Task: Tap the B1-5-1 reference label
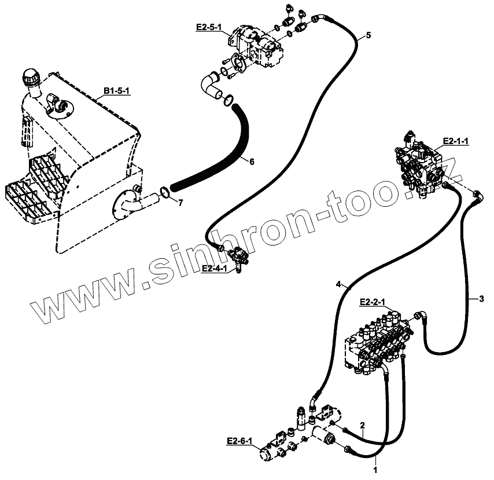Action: tap(117, 90)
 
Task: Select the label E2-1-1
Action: tap(455, 140)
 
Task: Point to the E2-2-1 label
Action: tap(373, 302)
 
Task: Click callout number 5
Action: tap(368, 35)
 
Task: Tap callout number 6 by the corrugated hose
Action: tap(252, 162)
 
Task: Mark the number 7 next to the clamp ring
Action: tap(180, 202)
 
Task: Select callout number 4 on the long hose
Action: tap(338, 285)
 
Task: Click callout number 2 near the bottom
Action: tap(362, 426)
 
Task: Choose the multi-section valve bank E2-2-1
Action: tap(379, 345)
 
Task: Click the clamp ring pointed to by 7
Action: tap(164, 192)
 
